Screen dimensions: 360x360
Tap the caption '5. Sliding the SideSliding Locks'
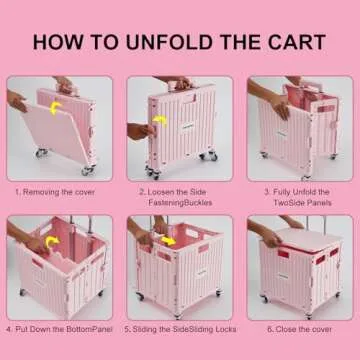[179, 327]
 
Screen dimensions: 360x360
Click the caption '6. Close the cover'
[297, 327]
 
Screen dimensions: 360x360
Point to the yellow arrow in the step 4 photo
[42, 242]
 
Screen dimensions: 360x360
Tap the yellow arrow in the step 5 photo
[167, 241]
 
